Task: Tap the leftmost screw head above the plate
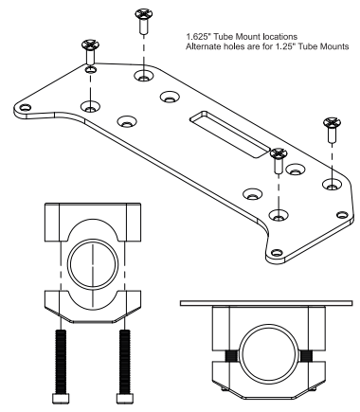90,45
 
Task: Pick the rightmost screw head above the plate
331,123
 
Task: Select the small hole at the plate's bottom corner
277,251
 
